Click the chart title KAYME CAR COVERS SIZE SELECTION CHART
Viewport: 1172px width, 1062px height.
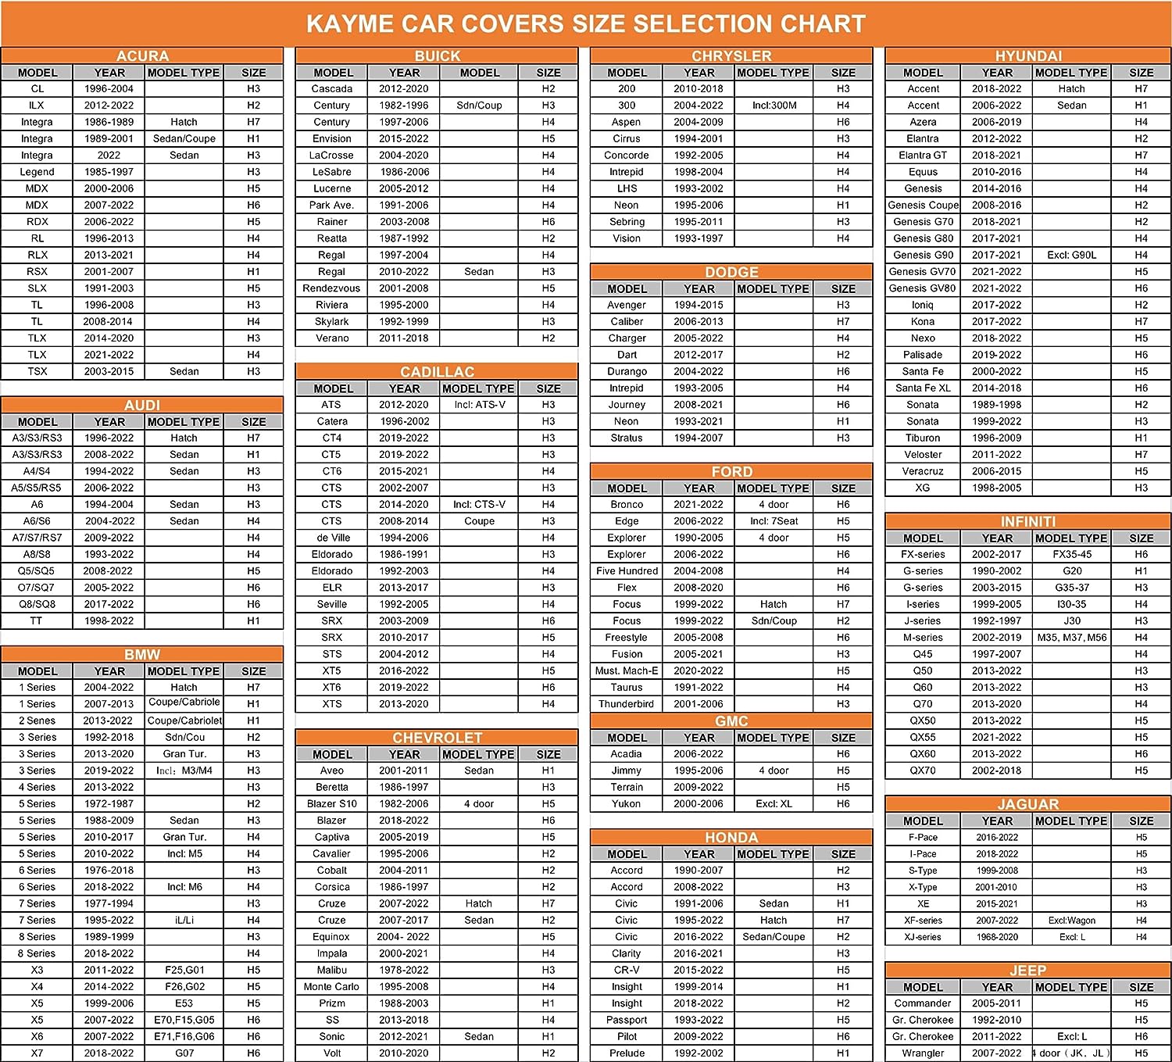point(586,23)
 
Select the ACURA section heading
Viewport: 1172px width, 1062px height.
point(142,55)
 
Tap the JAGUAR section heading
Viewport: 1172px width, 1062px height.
point(1027,804)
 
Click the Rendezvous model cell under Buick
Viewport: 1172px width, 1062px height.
point(331,288)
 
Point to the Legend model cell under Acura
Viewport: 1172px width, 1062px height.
point(37,172)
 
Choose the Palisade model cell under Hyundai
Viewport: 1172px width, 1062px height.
point(923,355)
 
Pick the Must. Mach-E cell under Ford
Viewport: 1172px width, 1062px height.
point(627,670)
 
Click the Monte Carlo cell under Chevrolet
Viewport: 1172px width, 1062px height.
point(331,986)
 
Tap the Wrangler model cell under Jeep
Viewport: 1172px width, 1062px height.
point(923,1053)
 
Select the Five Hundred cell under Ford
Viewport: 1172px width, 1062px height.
point(627,571)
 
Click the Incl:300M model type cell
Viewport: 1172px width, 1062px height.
point(774,105)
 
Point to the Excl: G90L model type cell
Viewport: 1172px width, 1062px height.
point(1071,255)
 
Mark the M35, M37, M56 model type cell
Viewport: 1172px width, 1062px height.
point(1071,638)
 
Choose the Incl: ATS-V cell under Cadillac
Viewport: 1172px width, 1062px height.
point(479,405)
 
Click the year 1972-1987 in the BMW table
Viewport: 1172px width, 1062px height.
point(109,803)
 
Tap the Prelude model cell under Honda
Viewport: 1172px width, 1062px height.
point(627,1053)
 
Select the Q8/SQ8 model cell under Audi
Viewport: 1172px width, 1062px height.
point(37,604)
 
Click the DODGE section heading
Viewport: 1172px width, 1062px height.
point(731,272)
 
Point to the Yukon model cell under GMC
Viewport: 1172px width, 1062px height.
point(627,803)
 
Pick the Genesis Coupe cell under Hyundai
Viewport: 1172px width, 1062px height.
point(923,205)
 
